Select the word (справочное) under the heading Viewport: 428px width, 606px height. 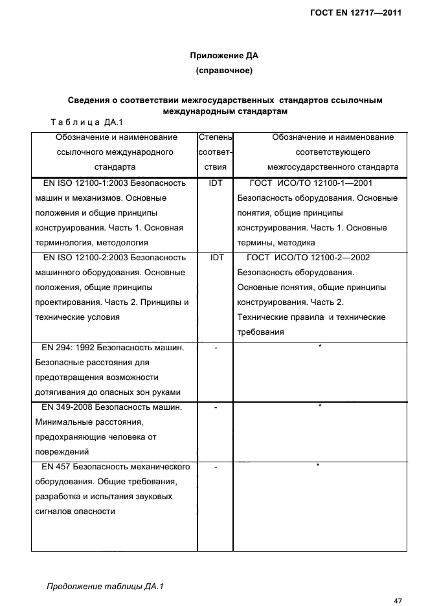tap(223, 70)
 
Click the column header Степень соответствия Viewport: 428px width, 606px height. tap(215, 151)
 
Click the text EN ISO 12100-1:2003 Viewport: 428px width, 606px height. tap(80, 183)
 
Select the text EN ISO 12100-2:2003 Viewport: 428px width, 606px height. tap(80, 257)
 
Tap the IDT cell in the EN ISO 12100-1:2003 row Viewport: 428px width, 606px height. tap(216, 183)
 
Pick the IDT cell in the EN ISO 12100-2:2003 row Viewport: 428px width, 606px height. tap(216, 257)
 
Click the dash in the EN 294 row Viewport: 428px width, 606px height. tap(216, 348)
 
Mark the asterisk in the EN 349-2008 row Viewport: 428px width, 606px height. tap(320, 407)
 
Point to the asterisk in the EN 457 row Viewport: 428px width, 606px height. tap(319, 466)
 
